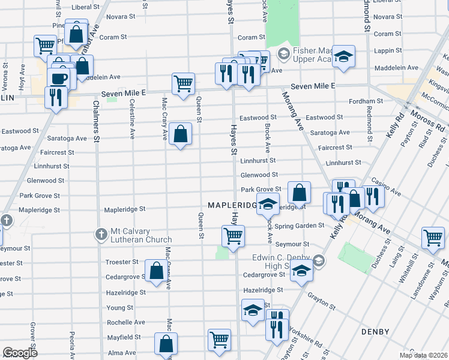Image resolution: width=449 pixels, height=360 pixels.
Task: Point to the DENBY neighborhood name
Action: coord(375,332)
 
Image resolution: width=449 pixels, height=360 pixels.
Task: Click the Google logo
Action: coord(20,353)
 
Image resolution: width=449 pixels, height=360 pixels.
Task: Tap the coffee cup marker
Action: coord(59,79)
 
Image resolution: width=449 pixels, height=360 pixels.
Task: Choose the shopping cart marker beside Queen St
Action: coord(183,84)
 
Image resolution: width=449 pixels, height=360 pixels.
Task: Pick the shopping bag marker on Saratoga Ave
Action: coord(180,134)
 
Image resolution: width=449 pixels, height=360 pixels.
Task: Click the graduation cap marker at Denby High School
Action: coord(301,272)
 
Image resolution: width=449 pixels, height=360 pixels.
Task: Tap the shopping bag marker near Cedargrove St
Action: coord(156,271)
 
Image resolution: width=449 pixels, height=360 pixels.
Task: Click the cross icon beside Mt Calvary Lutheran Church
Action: coord(101,233)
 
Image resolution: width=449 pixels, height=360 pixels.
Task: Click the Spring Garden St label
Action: coord(304,226)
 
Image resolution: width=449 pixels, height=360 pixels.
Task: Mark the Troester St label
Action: coord(122,262)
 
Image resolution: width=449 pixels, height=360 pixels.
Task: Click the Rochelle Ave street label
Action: coord(126,322)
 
